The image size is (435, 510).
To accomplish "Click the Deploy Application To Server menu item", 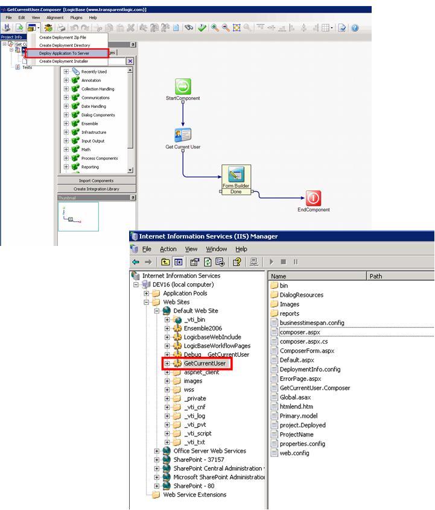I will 65,53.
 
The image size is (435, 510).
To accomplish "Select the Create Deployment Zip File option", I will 63,37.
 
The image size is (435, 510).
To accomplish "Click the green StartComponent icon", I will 183,86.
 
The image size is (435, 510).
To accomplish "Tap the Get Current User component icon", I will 183,135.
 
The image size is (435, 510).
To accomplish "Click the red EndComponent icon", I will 313,198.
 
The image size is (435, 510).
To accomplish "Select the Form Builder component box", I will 235,180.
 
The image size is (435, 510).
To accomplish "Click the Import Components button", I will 96,180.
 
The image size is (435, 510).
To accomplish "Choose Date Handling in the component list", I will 94,106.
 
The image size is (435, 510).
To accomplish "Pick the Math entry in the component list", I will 86,150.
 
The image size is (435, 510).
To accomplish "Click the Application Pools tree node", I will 185,293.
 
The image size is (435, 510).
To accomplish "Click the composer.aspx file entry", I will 300,332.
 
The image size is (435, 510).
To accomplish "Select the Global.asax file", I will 295,397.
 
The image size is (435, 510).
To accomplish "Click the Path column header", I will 376,276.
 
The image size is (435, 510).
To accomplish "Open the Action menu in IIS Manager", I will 168,249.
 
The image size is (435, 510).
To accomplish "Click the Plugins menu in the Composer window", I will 76,18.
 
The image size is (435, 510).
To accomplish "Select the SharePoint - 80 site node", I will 195,486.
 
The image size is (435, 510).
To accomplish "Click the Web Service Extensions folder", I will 194,495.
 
